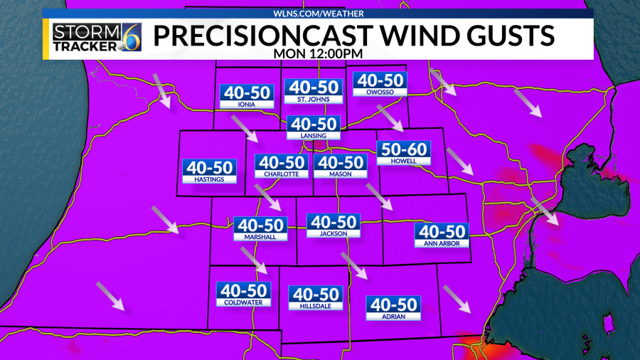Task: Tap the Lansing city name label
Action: pos(314,135)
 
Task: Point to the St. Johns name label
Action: pos(314,99)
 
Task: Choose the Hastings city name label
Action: pos(208,180)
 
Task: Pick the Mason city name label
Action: pos(341,174)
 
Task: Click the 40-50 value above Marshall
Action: pos(260,226)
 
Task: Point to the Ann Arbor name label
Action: pos(442,243)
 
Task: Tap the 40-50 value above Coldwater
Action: pos(244,290)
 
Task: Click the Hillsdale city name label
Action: pos(316,306)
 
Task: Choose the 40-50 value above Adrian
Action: pos(393,305)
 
